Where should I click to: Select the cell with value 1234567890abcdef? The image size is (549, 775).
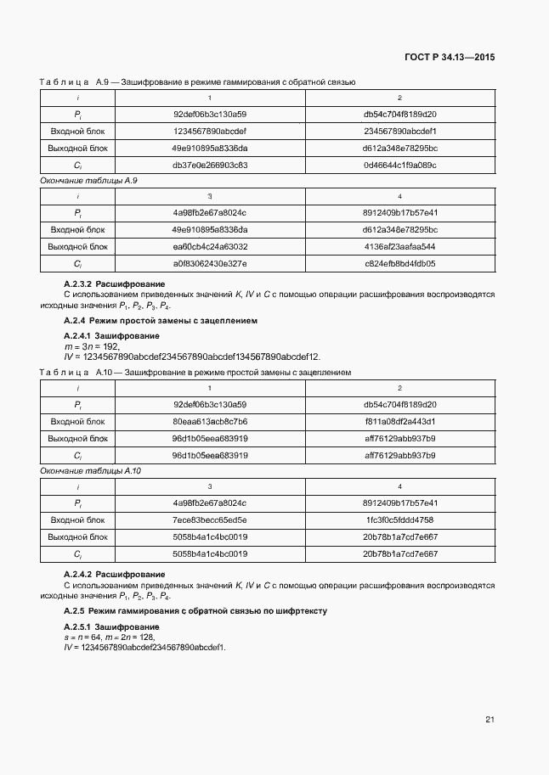pyautogui.click(x=210, y=131)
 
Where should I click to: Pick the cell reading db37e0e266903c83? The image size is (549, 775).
pyautogui.click(x=210, y=165)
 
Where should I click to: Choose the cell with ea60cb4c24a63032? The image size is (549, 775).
pyautogui.click(x=210, y=246)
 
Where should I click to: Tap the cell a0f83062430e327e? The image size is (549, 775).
pyautogui.click(x=210, y=263)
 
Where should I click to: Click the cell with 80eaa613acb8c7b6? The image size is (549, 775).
pyautogui.click(x=210, y=421)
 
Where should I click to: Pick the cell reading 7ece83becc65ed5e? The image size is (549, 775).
pyautogui.click(x=210, y=519)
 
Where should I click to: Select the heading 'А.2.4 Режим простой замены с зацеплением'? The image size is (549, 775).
pyautogui.click(x=160, y=322)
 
